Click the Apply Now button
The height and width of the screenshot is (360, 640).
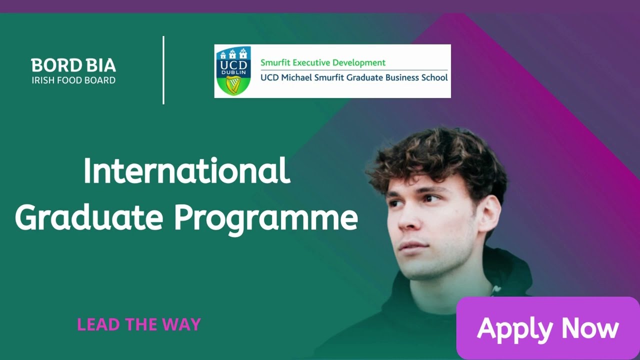pyautogui.click(x=548, y=328)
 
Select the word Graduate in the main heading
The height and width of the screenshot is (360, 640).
pyautogui.click(x=89, y=218)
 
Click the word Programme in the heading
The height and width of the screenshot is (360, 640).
pyautogui.click(x=265, y=219)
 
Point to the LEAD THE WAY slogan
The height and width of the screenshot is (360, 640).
pyautogui.click(x=138, y=324)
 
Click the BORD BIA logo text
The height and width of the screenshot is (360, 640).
pyautogui.click(x=73, y=65)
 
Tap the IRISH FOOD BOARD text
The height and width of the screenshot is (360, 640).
pyautogui.click(x=73, y=80)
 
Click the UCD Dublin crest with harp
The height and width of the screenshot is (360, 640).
pyautogui.click(x=232, y=70)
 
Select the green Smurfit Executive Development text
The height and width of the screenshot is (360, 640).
pyautogui.click(x=323, y=63)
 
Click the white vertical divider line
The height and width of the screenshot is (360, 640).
pyautogui.click(x=163, y=70)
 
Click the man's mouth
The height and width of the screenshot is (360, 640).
pyautogui.click(x=413, y=245)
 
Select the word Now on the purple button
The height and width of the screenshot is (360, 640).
pyautogui.click(x=590, y=328)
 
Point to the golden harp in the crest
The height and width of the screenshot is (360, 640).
pyautogui.click(x=231, y=84)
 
